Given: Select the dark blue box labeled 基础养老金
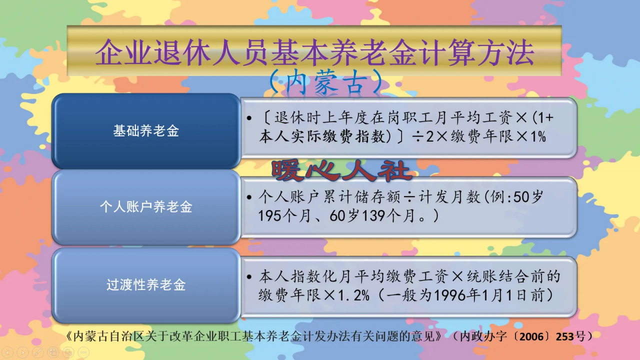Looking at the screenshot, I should [146, 131].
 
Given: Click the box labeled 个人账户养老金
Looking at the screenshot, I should [146, 207].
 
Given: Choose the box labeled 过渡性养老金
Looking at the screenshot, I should [146, 285].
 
